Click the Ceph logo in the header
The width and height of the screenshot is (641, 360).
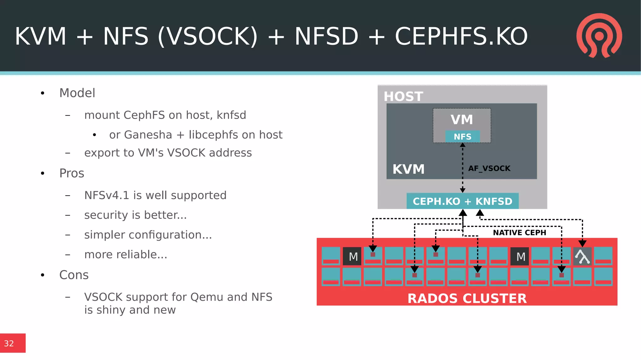pos(599,35)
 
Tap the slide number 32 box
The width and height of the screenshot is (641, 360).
pos(13,343)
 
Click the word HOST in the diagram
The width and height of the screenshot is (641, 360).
pos(403,96)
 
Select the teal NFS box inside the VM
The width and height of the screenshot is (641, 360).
pos(462,136)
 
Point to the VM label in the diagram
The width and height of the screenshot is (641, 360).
pos(462,120)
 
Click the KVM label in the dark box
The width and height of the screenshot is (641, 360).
pos(408,169)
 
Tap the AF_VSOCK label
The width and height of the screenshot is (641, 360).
pos(489,168)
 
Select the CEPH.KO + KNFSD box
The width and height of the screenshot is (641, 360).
pos(462,201)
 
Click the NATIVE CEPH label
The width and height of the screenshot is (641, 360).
pos(519,233)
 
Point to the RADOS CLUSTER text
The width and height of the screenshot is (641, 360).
pos(467,298)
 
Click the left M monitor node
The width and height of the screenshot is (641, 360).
pos(352,256)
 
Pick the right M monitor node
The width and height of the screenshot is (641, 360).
pos(520,256)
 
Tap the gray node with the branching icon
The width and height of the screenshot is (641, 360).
pos(582,256)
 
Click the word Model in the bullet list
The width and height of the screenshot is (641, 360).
pos(77,93)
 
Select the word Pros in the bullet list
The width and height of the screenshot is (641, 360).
pos(72,173)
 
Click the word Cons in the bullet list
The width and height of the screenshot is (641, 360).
pos(74,275)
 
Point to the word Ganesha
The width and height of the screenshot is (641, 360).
pos(148,135)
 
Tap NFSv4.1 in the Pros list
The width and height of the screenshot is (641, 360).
pos(106,195)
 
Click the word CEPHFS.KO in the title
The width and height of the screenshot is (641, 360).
pos(461,36)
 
